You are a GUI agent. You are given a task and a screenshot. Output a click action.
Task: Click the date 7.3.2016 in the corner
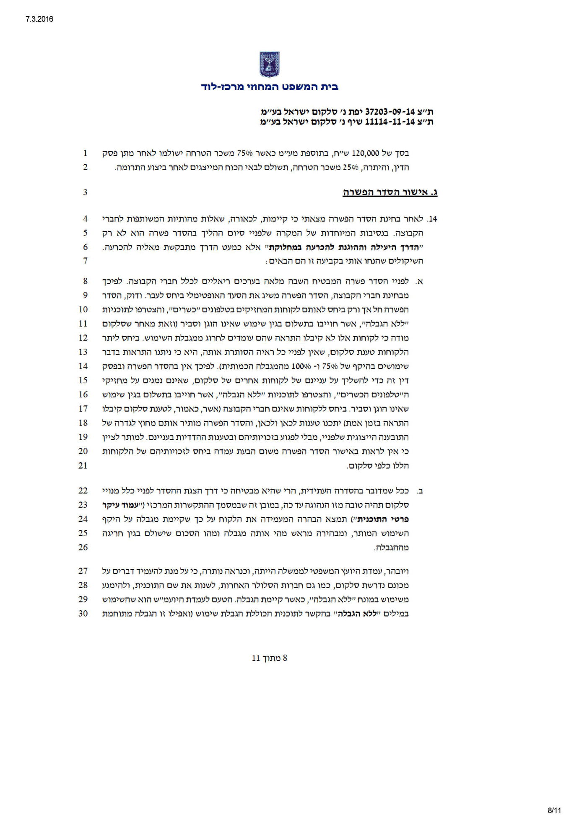coord(36,19)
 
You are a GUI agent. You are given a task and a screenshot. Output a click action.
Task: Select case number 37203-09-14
coord(390,112)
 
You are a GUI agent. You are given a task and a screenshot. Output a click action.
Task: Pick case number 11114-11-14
coord(390,122)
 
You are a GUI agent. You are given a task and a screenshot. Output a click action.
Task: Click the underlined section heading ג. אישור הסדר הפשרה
coord(390,192)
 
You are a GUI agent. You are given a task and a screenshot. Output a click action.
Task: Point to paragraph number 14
coord(432,219)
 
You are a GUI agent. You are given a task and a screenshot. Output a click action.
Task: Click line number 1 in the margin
coord(85,153)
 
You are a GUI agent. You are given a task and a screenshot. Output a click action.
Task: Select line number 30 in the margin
coord(83,613)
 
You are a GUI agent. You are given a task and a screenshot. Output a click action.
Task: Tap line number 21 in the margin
coord(83,465)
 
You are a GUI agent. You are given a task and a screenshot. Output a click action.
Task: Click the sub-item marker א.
coord(420,282)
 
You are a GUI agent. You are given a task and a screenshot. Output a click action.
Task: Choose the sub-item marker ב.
coord(420,491)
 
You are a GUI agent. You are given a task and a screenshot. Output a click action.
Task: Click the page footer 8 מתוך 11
coord(269,658)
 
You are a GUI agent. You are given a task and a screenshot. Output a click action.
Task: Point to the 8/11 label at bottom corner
coord(554,810)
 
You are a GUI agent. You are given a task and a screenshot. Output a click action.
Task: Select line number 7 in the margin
coord(85,261)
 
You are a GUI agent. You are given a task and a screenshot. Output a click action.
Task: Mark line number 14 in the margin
coord(83,366)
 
